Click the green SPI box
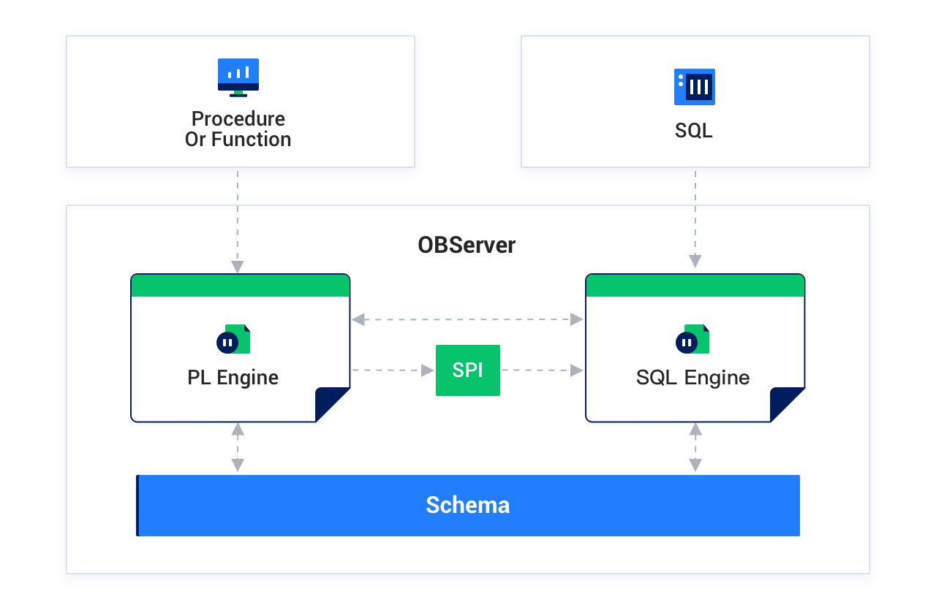(468, 370)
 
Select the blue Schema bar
(468, 505)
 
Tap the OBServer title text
(467, 245)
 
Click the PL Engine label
(233, 378)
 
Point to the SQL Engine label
(692, 378)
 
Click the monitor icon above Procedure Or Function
(238, 77)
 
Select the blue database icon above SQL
(694, 87)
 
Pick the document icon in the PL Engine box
(233, 340)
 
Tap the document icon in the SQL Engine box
(692, 340)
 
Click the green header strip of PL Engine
(240, 286)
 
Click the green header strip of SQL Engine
(695, 286)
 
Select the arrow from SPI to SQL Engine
(542, 370)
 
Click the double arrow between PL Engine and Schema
(238, 447)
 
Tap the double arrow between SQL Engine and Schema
(695, 447)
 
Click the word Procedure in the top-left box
(238, 118)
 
